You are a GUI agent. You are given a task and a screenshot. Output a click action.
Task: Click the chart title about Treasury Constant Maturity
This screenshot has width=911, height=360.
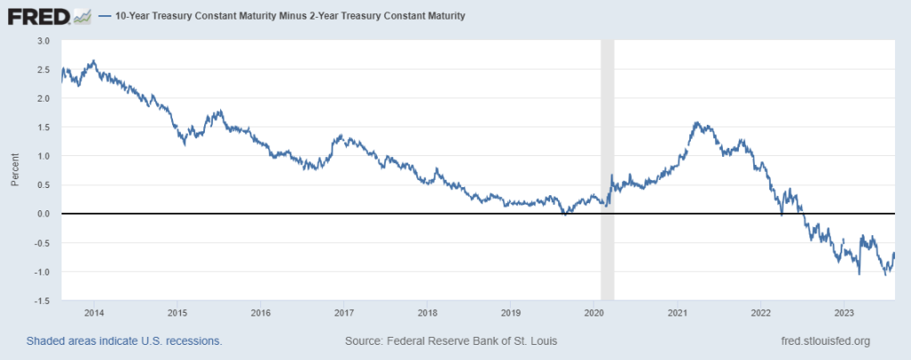coord(290,16)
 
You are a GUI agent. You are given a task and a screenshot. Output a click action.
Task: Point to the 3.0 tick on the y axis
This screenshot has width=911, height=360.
coord(44,41)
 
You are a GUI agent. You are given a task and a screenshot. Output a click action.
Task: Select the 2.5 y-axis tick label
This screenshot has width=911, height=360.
coord(44,70)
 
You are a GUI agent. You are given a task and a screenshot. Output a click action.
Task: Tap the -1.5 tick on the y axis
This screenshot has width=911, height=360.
coord(42,301)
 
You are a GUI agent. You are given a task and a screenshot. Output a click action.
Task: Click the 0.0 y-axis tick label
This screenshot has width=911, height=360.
coord(44,214)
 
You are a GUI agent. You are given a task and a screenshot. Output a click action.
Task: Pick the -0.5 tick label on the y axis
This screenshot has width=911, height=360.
coord(42,243)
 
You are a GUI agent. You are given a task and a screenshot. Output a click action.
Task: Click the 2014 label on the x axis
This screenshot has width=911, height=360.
coord(94,313)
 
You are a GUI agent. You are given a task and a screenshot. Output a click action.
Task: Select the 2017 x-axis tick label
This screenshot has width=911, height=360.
coord(344,313)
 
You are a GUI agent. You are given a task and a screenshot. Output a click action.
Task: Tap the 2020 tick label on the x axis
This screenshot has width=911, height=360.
coord(594,313)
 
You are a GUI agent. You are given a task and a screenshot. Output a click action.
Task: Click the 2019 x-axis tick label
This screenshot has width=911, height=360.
coord(511,313)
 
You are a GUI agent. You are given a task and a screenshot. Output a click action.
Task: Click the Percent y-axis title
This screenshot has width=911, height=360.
coord(15,170)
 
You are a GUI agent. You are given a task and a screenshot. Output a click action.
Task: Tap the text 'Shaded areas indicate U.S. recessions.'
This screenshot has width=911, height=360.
coord(124,341)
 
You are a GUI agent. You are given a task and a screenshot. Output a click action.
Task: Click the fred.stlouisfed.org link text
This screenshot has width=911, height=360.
coord(824,341)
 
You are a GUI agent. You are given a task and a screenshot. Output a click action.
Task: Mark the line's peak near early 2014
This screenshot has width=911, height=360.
coord(94,61)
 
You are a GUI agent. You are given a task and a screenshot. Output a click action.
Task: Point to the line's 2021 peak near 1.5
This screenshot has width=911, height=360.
coord(696,123)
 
